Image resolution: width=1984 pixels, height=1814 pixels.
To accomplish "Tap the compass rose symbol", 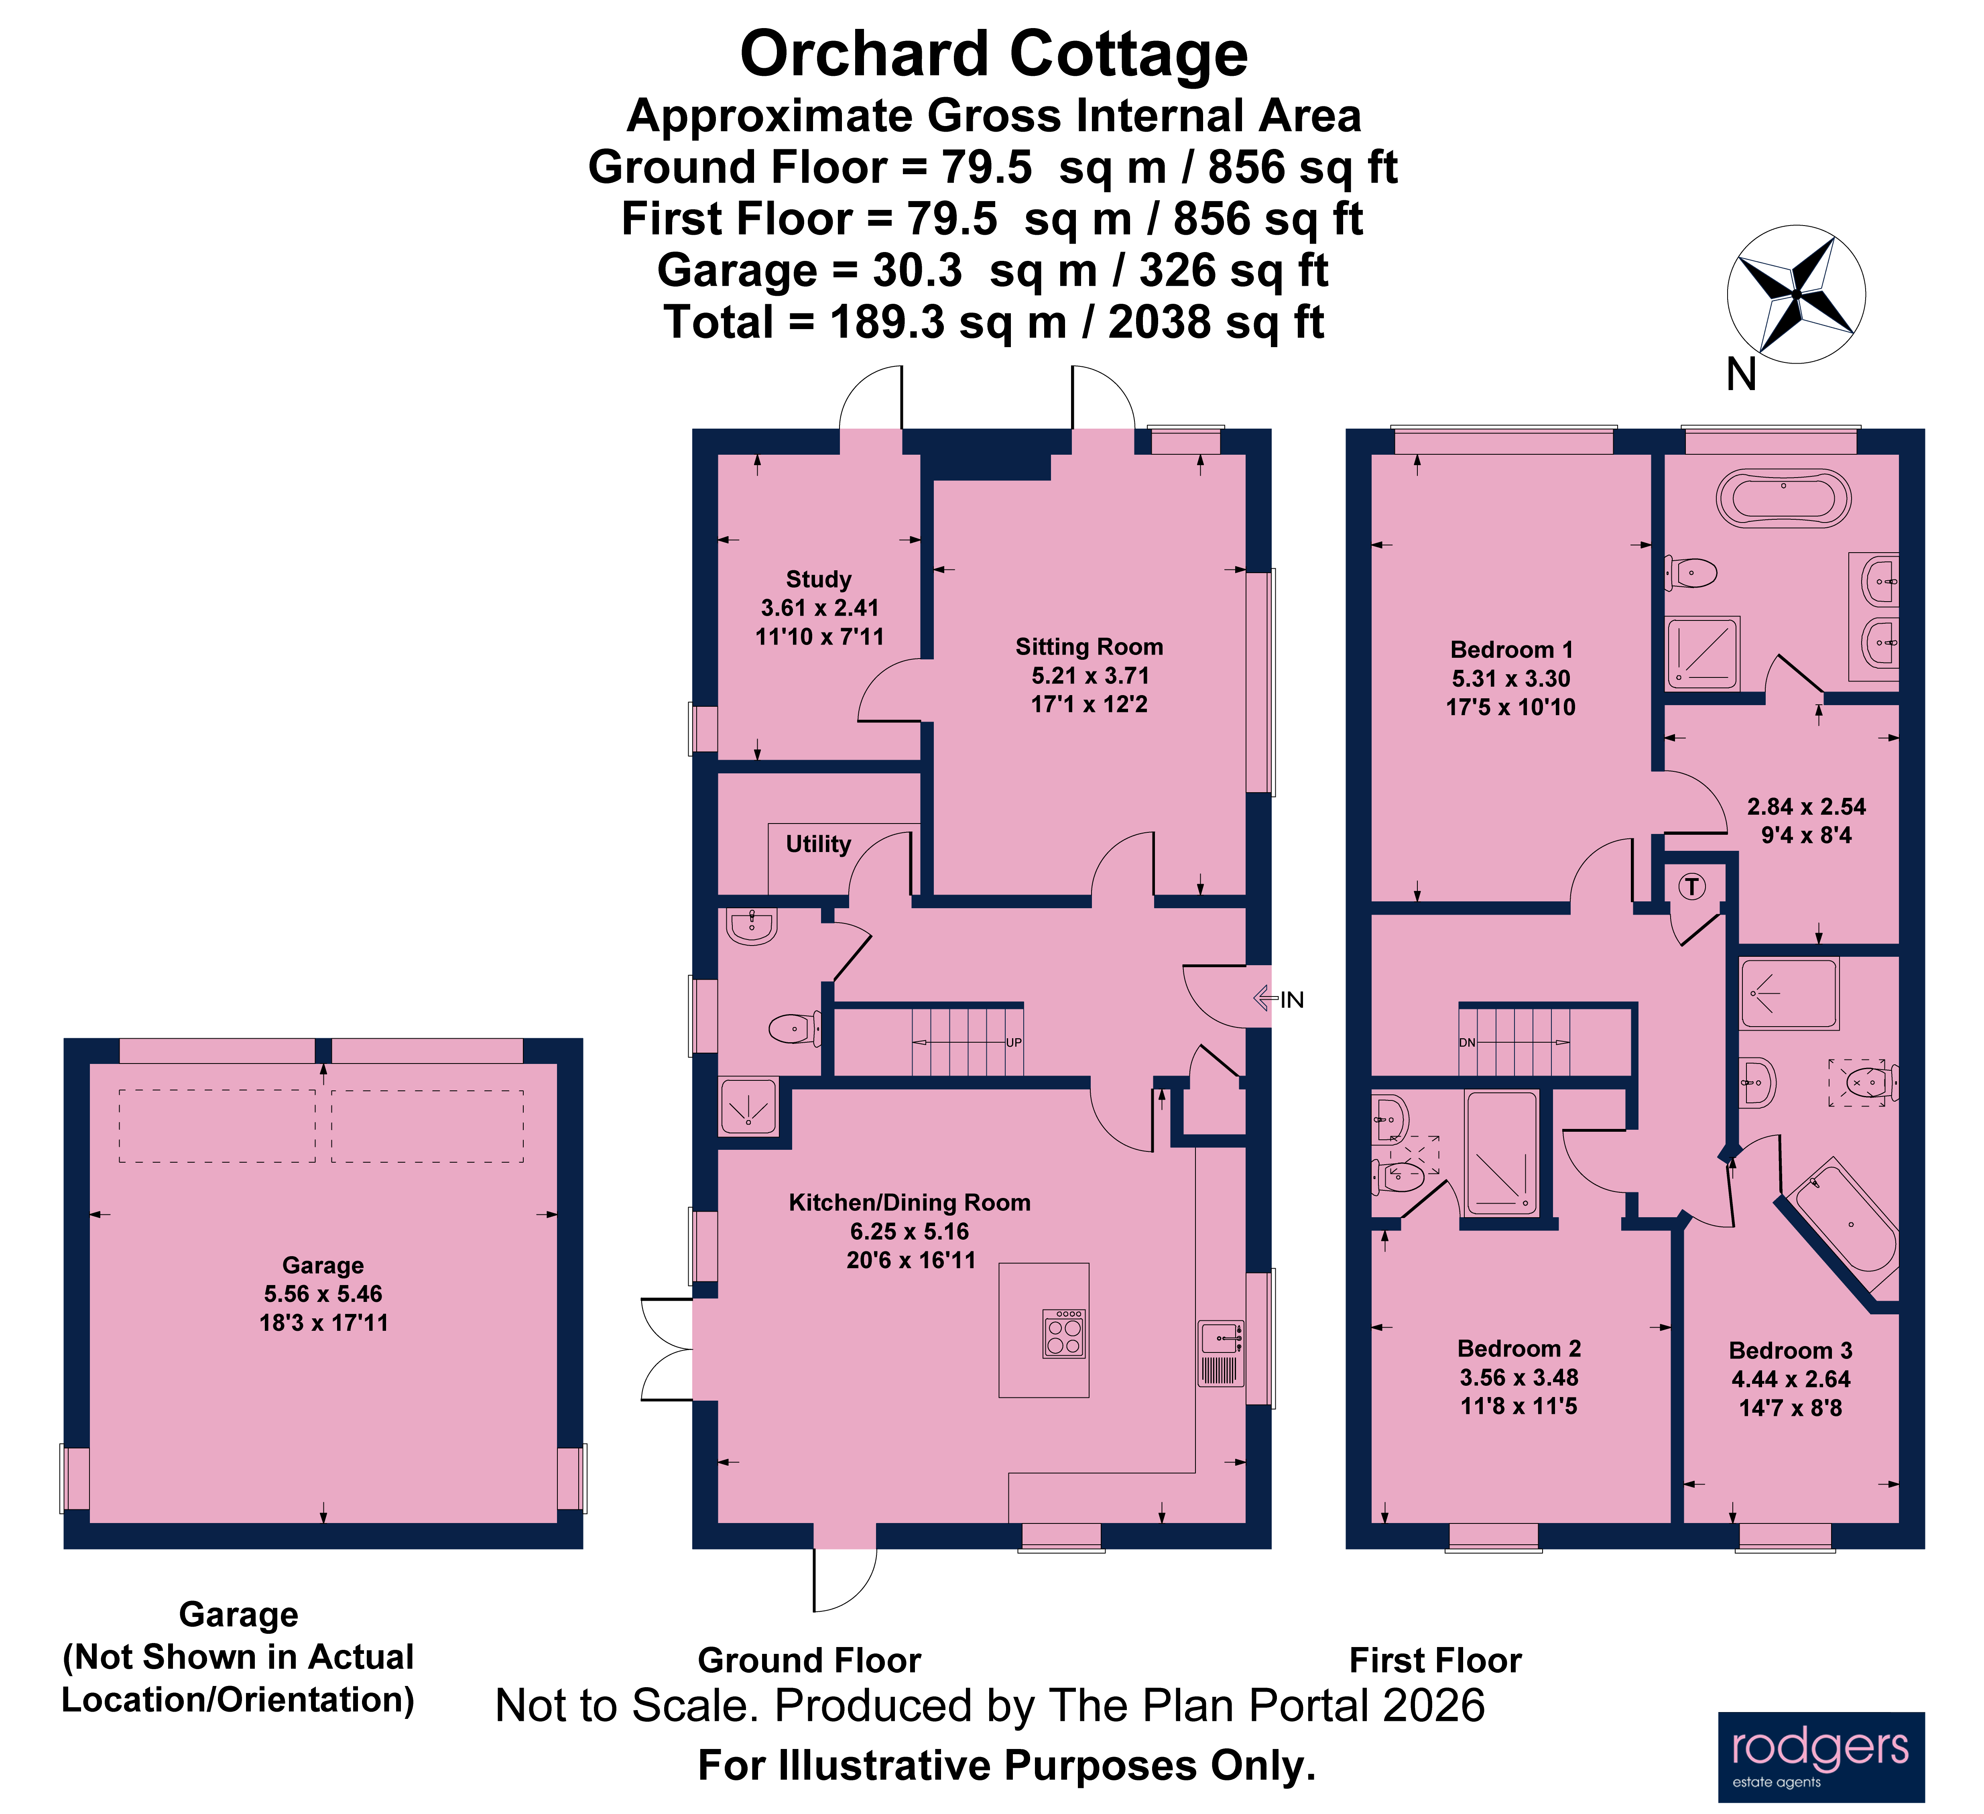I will [x=1796, y=294].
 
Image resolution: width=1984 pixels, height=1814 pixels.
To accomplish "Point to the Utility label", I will [x=818, y=844].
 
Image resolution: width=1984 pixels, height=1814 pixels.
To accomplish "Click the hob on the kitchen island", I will [x=1064, y=1334].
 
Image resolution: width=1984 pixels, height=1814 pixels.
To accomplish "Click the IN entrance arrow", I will [x=1279, y=999].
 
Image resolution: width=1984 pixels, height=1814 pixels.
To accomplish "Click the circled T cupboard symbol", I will [x=1692, y=887].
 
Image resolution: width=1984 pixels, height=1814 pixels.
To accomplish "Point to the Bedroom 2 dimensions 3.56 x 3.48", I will [x=1518, y=1377].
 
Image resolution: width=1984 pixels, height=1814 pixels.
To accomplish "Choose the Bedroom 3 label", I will [x=1790, y=1350].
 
